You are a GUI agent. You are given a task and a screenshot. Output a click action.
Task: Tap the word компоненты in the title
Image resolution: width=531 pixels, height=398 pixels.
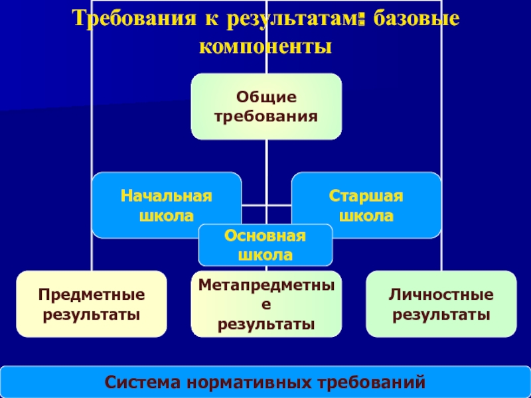265,46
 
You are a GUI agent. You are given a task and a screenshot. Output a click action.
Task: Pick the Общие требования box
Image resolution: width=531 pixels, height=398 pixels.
266,106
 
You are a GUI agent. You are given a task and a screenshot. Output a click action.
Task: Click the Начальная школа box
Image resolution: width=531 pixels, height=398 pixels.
166,205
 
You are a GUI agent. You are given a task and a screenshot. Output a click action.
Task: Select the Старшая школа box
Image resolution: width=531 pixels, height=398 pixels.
366,205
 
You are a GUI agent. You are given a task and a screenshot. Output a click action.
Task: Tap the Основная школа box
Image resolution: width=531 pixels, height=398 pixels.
265,245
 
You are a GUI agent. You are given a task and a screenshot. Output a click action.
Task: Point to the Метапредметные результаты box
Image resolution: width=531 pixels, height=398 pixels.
266,304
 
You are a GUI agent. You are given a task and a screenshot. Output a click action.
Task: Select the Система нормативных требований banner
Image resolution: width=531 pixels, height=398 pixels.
265,382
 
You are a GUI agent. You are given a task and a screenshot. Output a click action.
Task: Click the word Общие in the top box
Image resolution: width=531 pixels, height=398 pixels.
266,98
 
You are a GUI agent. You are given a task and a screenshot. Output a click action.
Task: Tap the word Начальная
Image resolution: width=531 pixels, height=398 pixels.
167,196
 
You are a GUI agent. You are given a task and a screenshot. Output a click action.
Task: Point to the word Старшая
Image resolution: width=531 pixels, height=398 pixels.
366,196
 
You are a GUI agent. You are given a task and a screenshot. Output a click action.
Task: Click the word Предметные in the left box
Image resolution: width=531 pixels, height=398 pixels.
92,294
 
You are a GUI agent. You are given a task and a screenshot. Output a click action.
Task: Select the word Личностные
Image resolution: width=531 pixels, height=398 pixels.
441,294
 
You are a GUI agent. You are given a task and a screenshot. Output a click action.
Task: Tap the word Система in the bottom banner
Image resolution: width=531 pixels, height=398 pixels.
143,382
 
